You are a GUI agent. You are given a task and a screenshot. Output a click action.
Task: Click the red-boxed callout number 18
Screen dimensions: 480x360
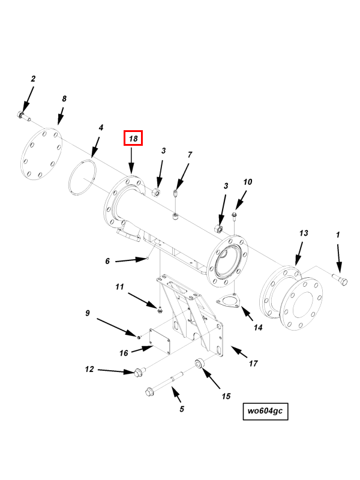pyautogui.click(x=133, y=139)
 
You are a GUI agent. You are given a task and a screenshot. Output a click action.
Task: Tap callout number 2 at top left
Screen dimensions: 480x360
pyautogui.click(x=33, y=79)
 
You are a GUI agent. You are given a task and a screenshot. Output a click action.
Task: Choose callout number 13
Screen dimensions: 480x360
pyautogui.click(x=304, y=233)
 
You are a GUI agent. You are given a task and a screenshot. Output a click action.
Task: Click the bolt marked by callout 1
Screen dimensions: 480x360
pyautogui.click(x=340, y=278)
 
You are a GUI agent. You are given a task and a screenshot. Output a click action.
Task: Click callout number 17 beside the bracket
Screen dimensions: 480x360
pyautogui.click(x=253, y=364)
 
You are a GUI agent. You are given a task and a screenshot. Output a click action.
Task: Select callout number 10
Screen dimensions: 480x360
pyautogui.click(x=247, y=182)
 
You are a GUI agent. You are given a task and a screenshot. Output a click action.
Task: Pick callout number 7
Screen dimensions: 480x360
pyautogui.click(x=190, y=155)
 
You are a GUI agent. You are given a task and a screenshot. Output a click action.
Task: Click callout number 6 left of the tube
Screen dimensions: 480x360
pyautogui.click(x=107, y=261)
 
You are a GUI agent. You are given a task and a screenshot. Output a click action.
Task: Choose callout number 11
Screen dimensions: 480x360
pyautogui.click(x=119, y=287)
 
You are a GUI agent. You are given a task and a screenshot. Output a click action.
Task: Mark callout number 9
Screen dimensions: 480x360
pyautogui.click(x=87, y=313)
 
